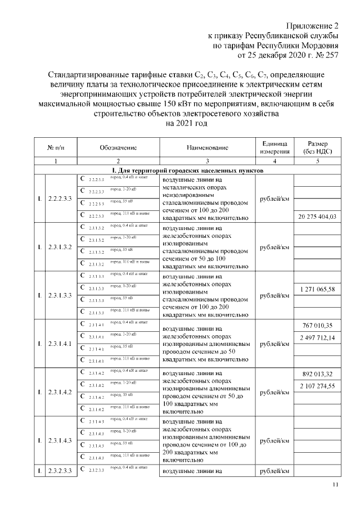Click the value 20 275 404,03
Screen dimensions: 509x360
318,217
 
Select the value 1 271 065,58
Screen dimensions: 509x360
318,289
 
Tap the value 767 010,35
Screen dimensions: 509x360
318,326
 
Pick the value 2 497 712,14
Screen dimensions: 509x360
318,337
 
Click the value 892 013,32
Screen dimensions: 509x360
318,374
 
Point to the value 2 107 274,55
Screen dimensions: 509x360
318,386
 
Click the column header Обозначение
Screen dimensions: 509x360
118,147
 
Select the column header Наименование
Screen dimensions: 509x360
208,147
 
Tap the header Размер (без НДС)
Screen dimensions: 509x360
318,147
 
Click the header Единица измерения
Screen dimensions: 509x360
274,147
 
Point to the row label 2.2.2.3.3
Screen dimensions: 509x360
60,199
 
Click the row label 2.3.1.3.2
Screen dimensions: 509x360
60,247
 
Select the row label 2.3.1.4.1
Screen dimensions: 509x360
60,343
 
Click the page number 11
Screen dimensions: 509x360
336,485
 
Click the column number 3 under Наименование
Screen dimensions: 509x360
208,161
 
